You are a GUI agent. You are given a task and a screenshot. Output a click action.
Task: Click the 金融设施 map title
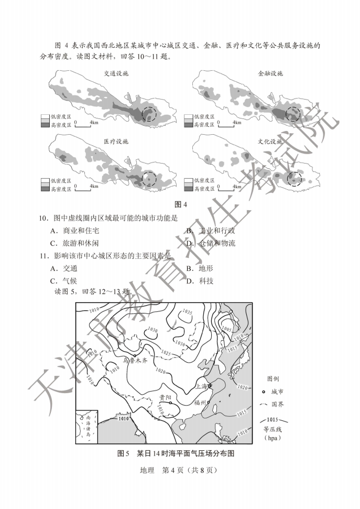pos(270,73)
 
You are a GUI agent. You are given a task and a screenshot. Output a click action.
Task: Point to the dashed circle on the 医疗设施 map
pos(150,179)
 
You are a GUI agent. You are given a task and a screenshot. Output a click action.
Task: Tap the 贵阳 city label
pos(166,397)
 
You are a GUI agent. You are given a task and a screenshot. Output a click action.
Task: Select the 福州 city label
pos(200,403)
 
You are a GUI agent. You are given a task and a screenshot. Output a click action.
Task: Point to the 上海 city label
pos(202,386)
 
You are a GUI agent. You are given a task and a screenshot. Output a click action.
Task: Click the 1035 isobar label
pos(187,312)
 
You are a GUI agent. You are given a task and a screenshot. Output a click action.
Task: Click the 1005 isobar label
pos(226,329)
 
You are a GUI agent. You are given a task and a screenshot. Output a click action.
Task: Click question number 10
pos(43,218)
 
